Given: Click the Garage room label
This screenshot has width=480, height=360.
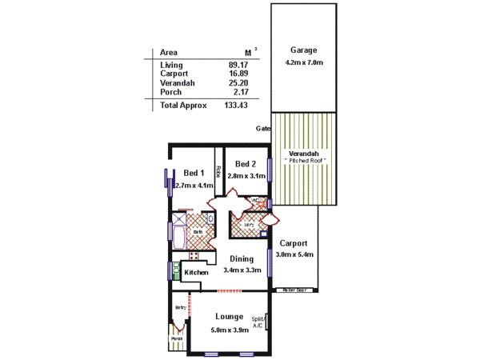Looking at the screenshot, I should point(304,50).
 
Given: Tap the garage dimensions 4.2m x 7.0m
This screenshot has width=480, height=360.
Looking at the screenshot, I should point(304,62).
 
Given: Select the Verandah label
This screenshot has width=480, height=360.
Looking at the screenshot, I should point(304,153).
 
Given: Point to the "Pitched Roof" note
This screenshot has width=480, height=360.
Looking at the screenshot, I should point(304,161).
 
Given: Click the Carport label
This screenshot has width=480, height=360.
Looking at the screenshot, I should point(294,243).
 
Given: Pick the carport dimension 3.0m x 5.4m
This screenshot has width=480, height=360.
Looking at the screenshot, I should point(294,254).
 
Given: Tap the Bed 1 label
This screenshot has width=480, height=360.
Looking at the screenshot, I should point(194,173).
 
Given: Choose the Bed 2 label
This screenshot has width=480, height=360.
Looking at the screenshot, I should point(246,163).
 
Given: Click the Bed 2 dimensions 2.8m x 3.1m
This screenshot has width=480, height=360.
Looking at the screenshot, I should point(246,176).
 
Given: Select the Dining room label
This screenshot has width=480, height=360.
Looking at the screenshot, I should point(242,258).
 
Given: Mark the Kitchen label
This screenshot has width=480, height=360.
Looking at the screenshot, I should point(196,273).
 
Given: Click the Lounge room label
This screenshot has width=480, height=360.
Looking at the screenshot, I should point(229,317).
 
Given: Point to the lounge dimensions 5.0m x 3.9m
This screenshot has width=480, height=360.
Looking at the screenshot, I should point(229,330).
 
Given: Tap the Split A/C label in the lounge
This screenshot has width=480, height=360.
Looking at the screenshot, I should point(258,321).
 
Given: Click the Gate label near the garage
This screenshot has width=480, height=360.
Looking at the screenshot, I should point(262,128).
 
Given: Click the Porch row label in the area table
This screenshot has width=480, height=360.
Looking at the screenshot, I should point(171,91).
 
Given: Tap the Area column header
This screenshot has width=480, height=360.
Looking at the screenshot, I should point(169,51).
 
